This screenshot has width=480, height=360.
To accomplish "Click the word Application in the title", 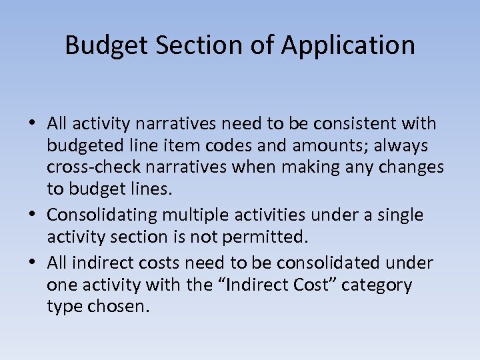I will [348, 45].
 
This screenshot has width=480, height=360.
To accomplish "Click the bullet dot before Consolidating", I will [33, 216].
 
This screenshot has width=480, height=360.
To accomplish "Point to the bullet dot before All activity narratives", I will [33, 125].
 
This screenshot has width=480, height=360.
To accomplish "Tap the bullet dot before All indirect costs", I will [33, 264].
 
